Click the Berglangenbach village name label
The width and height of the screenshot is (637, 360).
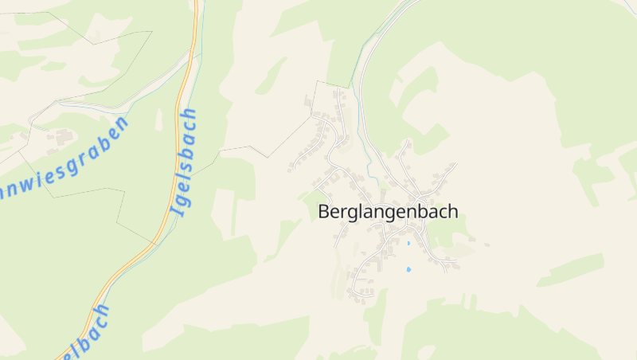pos(388,212)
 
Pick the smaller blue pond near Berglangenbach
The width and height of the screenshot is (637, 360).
pos(408,242)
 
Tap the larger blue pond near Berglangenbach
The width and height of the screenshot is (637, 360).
pos(409,270)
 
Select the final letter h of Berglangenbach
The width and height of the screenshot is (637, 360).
pos(453,212)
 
